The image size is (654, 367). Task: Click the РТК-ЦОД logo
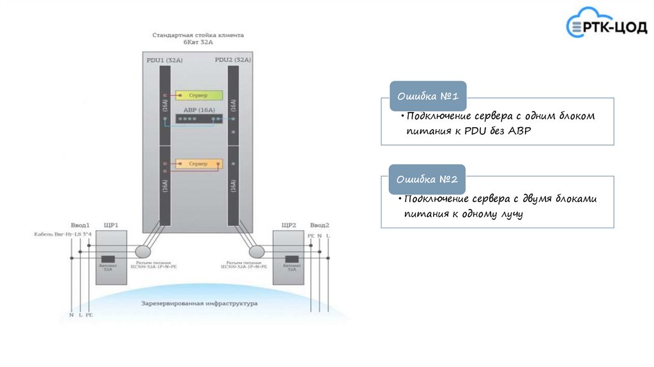[606, 26]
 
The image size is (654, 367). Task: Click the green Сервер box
[199, 95]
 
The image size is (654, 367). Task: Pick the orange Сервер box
[199, 164]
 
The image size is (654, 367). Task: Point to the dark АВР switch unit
[199, 119]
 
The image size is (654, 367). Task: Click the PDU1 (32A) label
[165, 60]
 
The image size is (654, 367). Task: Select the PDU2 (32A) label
[232, 60]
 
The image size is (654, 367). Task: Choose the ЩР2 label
[289, 225]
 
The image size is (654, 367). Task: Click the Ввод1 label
[80, 225]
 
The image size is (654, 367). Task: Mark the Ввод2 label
[319, 225]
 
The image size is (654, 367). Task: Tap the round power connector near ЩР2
[257, 250]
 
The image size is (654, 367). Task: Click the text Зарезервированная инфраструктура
[199, 303]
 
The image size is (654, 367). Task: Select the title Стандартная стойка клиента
[198, 35]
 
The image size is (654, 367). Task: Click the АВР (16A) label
[199, 110]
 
